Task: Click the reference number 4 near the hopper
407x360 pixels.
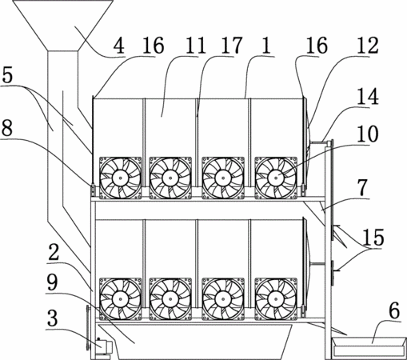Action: point(119,46)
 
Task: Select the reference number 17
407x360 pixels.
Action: point(232,46)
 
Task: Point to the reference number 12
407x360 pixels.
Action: point(368,46)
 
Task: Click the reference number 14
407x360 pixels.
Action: point(368,96)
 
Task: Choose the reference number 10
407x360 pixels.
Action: point(368,134)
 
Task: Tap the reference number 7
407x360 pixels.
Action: point(362,188)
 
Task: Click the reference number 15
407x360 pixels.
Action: point(373,238)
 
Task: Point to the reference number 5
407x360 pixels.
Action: point(7,75)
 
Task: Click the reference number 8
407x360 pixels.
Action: point(7,127)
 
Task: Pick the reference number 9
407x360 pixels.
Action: point(52,282)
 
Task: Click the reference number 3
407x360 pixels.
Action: point(52,318)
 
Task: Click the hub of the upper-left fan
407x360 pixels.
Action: point(120,178)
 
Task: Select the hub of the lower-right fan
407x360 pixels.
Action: point(276,299)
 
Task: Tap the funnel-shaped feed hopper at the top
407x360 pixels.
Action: point(63,26)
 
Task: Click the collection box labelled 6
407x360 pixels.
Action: point(369,346)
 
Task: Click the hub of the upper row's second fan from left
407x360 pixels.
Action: point(170,178)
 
